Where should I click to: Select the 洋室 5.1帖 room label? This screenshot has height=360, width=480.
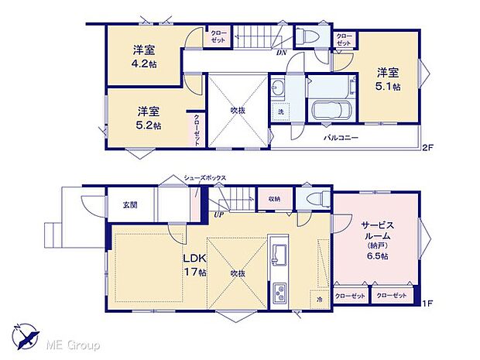[388, 80]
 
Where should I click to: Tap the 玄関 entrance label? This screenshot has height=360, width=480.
[129, 205]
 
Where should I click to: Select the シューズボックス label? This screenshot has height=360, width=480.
[204, 178]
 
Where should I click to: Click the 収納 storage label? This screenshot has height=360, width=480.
[275, 199]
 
